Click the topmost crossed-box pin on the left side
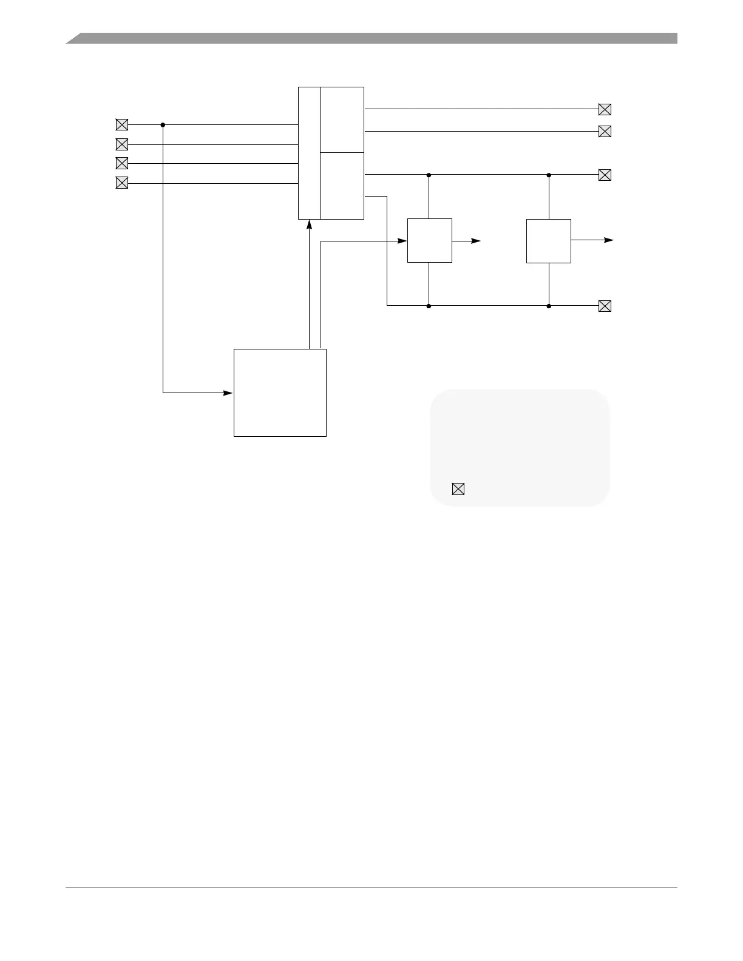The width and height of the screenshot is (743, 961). tap(122, 125)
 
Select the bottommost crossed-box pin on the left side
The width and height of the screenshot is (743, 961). tap(122, 183)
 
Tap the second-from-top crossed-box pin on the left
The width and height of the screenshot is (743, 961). tap(122, 144)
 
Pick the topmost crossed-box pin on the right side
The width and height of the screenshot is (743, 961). tap(605, 110)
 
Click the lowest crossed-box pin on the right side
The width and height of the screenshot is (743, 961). tap(605, 306)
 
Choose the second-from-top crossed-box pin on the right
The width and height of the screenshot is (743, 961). tap(605, 132)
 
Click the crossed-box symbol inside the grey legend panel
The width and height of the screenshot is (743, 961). tap(458, 489)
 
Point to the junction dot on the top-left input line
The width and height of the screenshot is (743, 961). tap(163, 125)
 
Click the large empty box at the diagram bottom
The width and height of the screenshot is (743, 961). tap(280, 393)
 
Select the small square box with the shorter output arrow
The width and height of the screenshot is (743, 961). tap(429, 240)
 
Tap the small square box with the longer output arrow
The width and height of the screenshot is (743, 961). tap(548, 241)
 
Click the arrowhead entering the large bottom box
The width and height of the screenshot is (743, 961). tap(229, 393)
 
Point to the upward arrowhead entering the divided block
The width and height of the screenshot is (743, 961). tap(310, 224)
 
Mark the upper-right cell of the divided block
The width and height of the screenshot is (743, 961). tap(342, 120)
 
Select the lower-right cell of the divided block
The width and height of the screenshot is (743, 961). tap(342, 186)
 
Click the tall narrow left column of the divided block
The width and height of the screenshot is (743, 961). tap(309, 153)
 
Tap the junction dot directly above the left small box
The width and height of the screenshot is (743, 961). tap(429, 175)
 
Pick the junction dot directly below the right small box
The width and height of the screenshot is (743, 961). tap(549, 306)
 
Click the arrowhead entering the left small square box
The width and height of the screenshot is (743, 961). tap(402, 241)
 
